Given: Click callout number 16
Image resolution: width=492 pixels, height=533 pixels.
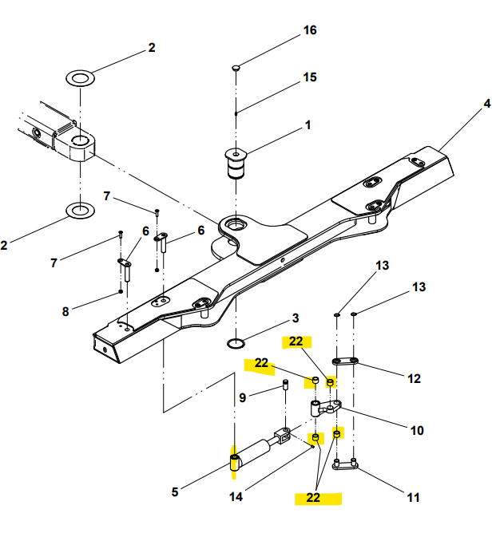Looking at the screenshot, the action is coord(310,30).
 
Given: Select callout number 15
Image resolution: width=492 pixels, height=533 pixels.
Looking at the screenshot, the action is coord(310,77).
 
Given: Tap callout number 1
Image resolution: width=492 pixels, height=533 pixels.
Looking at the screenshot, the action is coord(308,125).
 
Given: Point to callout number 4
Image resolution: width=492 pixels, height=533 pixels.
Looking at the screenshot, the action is coord(487,104).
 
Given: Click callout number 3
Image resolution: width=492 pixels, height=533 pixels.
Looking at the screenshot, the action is coord(296,318).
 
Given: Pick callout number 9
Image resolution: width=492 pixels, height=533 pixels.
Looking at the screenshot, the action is coord(242,397).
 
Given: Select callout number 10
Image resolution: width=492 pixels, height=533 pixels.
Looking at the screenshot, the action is coord(417,431).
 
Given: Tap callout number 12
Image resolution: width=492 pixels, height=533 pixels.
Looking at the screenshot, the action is coord(414,379).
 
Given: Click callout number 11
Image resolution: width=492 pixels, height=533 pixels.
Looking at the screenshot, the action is coord(414,498).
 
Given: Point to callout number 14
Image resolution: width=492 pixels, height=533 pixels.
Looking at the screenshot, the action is coord(236,497).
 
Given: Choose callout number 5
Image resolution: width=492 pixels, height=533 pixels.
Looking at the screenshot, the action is coord(175,492).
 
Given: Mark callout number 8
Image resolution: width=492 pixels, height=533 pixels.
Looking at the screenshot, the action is coord(65,311).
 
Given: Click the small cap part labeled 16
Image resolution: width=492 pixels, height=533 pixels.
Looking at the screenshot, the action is coord(236,68).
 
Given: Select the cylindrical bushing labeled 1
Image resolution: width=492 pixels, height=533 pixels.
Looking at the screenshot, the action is coord(236,164).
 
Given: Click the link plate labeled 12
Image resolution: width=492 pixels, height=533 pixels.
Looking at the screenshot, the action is coord(345,361).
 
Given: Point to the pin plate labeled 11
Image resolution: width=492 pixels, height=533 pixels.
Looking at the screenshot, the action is coord(345,464).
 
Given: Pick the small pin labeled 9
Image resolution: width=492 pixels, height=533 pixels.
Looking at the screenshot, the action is coord(286,385).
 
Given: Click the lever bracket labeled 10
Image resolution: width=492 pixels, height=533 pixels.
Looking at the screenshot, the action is coord(325,408).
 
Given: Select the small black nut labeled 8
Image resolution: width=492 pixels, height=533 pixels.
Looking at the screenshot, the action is coord(121,292).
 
